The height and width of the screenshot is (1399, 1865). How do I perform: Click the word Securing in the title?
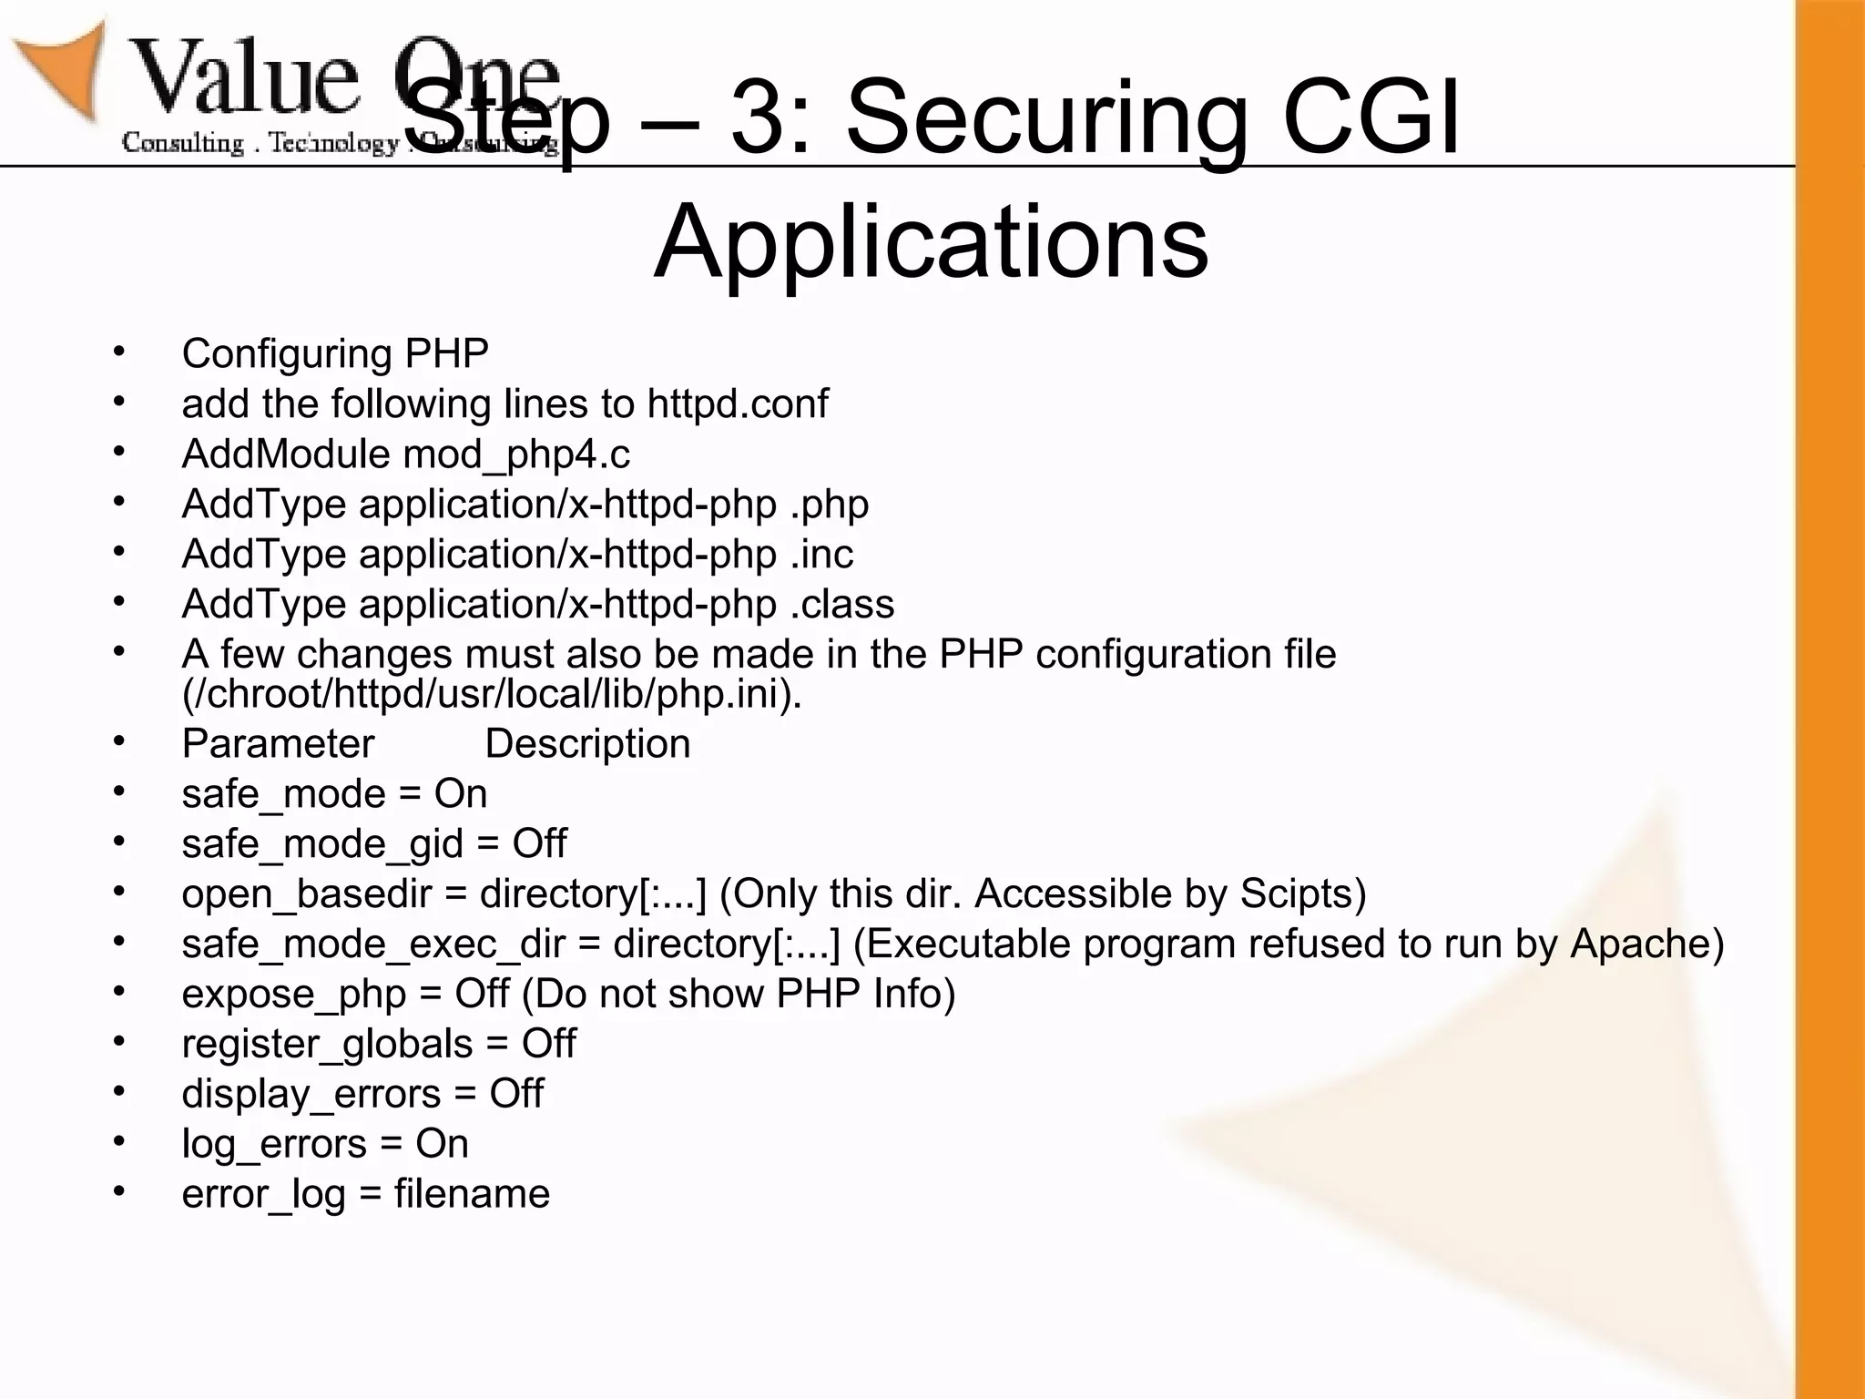pyautogui.click(x=1047, y=118)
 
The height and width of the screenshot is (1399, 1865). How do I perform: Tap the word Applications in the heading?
pyautogui.click(x=931, y=242)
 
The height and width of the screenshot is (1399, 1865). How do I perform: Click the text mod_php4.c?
pyautogui.click(x=516, y=454)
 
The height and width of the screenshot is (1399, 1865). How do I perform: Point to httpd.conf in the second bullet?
pyautogui.click(x=738, y=403)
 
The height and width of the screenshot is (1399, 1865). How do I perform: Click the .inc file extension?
pyautogui.click(x=821, y=555)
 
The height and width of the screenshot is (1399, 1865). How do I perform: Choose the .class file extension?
pyautogui.click(x=842, y=605)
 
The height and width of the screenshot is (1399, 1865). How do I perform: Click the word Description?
pyautogui.click(x=587, y=744)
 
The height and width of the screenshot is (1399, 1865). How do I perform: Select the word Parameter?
pyautogui.click(x=278, y=744)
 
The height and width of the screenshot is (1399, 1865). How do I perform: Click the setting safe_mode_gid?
pyautogui.click(x=322, y=844)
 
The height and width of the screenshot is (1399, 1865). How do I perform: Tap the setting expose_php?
pyautogui.click(x=293, y=995)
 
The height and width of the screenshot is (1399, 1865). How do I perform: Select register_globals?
pyautogui.click(x=327, y=1045)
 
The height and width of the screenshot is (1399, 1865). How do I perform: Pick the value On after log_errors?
pyautogui.click(x=442, y=1144)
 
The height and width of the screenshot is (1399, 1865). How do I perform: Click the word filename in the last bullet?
pyautogui.click(x=472, y=1194)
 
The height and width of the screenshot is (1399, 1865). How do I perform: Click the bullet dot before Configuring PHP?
pyautogui.click(x=118, y=352)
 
